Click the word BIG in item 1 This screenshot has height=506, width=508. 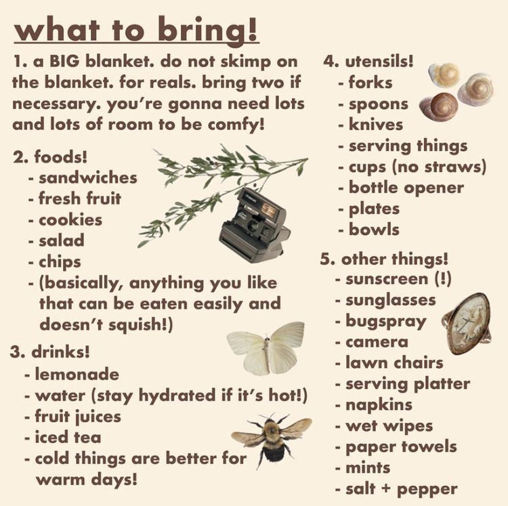(x=64, y=61)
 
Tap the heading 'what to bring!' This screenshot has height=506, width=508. (x=136, y=30)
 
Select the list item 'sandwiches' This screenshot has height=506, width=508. (x=88, y=178)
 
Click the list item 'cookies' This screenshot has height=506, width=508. (x=70, y=220)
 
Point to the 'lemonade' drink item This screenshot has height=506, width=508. (x=77, y=374)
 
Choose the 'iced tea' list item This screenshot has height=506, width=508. (x=68, y=438)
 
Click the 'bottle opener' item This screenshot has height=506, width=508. (x=406, y=188)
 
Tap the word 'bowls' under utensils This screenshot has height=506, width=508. (x=374, y=230)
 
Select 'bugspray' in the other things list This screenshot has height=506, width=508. (x=386, y=322)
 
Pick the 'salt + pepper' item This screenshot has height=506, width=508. (x=402, y=489)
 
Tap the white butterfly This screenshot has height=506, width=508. (x=266, y=349)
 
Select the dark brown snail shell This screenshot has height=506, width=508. (x=439, y=106)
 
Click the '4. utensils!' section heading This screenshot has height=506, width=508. (x=368, y=62)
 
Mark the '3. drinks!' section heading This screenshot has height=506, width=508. (x=50, y=352)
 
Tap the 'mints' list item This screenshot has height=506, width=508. (x=368, y=468)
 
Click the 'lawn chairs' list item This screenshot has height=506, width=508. (x=394, y=362)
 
